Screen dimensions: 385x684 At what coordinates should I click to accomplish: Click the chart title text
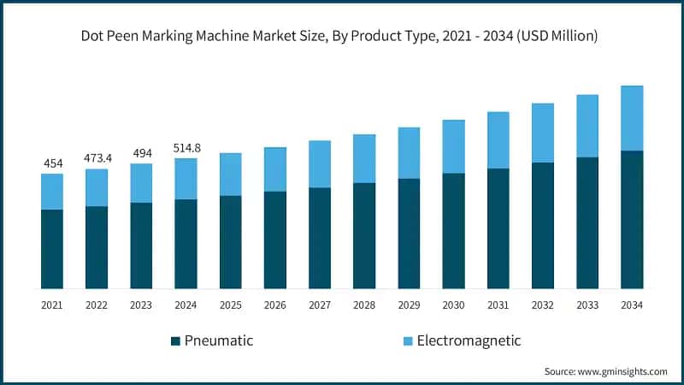(x=342, y=36)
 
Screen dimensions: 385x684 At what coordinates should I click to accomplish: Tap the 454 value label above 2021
(x=52, y=163)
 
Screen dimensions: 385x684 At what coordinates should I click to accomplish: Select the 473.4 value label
(x=97, y=158)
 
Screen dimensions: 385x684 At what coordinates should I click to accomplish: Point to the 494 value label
(x=141, y=153)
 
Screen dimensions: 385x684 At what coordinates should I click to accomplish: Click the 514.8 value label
(x=186, y=148)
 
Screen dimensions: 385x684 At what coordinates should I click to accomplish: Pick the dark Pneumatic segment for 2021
(x=52, y=248)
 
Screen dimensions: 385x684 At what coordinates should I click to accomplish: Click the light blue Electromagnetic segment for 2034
(x=632, y=118)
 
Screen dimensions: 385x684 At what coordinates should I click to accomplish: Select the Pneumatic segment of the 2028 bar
(x=364, y=235)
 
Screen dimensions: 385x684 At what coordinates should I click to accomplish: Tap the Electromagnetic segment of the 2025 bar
(x=231, y=175)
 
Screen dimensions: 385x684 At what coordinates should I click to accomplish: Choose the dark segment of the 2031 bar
(x=498, y=228)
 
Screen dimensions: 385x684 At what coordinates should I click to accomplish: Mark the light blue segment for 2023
(x=141, y=183)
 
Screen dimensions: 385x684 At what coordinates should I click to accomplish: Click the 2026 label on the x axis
(x=275, y=305)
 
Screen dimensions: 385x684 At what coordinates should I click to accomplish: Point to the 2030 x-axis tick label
(x=453, y=305)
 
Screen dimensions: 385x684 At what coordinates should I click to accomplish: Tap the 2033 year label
(x=587, y=305)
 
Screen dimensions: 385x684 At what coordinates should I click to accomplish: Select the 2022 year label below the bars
(x=97, y=305)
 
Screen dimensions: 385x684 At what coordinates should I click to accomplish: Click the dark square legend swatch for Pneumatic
(x=176, y=341)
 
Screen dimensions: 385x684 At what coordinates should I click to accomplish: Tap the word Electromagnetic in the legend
(x=469, y=341)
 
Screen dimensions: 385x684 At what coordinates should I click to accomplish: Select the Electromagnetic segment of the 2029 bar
(x=409, y=153)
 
